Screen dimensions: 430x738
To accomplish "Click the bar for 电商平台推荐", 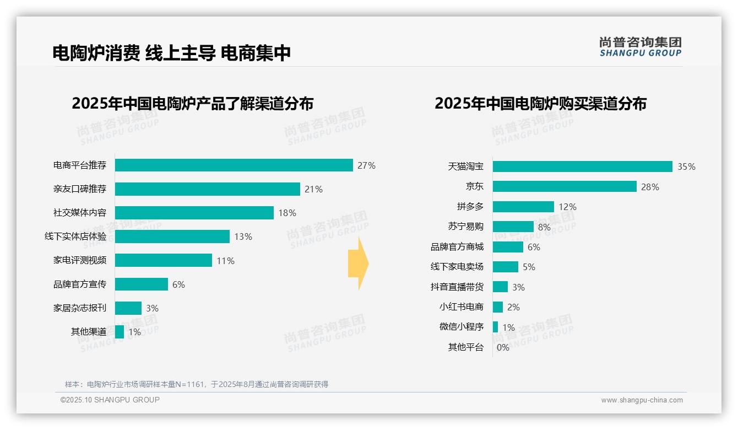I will pos(234,165).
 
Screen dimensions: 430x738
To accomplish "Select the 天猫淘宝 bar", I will pos(582,166).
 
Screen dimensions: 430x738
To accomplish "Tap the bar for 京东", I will pos(564,186).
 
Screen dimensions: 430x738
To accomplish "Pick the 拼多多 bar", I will pos(523,207).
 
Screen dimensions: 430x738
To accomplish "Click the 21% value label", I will pos(313,189).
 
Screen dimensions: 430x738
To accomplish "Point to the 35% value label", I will pos(686,166).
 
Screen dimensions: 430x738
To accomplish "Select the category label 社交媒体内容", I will pos(79,213).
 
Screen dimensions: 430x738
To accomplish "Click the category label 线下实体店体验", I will pos(75,237).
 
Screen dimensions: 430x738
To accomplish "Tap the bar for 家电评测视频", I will pos(163,260).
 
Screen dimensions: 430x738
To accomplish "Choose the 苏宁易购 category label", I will pos(465,227).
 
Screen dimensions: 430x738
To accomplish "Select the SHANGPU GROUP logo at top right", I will pos(640,47).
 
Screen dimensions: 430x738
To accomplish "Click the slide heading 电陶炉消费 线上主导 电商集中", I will pos(171,53).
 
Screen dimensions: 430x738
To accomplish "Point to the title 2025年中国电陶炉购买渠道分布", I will pos(540,104).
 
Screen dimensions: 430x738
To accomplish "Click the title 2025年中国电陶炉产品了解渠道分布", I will pos(192,104).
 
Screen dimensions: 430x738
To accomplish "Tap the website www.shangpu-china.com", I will pos(642,400).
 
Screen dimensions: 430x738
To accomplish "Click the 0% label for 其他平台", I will pos(503,347).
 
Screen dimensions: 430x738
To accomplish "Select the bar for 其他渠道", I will pos(120,332).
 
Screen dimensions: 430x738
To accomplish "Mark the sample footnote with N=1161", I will pos(197,384).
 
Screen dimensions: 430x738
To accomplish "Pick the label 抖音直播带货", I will pos(457,287).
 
